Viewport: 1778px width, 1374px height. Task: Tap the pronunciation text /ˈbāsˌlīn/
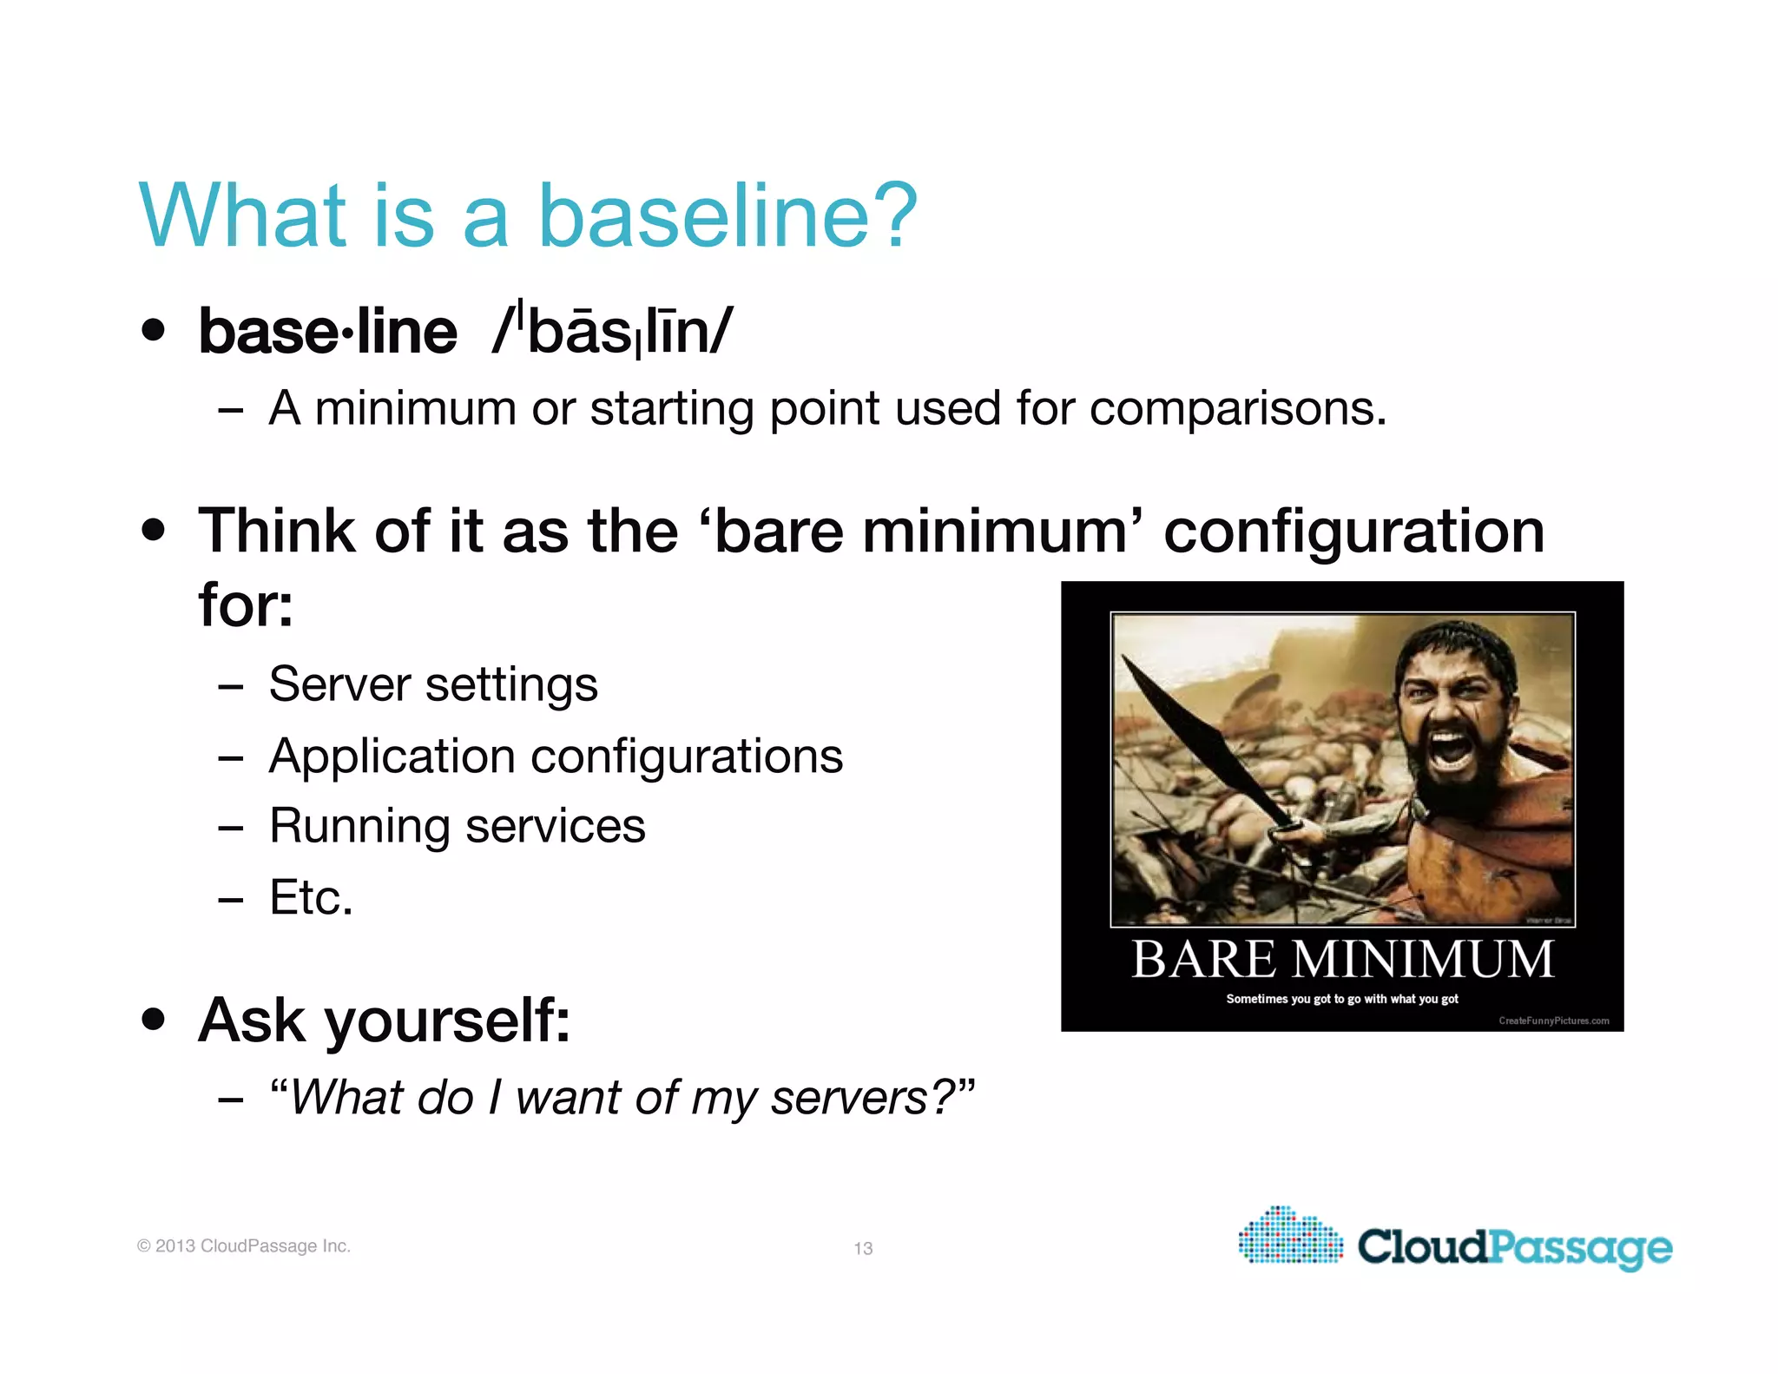[612, 332]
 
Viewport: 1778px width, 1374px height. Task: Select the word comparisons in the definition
[1237, 408]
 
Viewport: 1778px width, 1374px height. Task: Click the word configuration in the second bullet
[1353, 531]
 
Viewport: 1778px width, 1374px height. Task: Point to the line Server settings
[433, 684]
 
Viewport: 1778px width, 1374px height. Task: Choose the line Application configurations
[556, 756]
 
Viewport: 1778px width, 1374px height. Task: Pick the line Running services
[458, 826]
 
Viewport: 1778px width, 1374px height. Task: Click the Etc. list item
[311, 897]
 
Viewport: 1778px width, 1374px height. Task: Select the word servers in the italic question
[850, 1098]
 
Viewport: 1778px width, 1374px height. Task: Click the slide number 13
[863, 1248]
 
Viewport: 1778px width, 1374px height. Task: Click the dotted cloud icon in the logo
[1290, 1236]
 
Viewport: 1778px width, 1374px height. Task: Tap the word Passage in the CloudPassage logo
[1580, 1248]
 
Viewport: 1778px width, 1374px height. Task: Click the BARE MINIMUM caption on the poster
[1342, 960]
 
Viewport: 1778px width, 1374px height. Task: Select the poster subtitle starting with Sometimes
[1342, 999]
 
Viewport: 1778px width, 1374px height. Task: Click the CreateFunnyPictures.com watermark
[1553, 1021]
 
